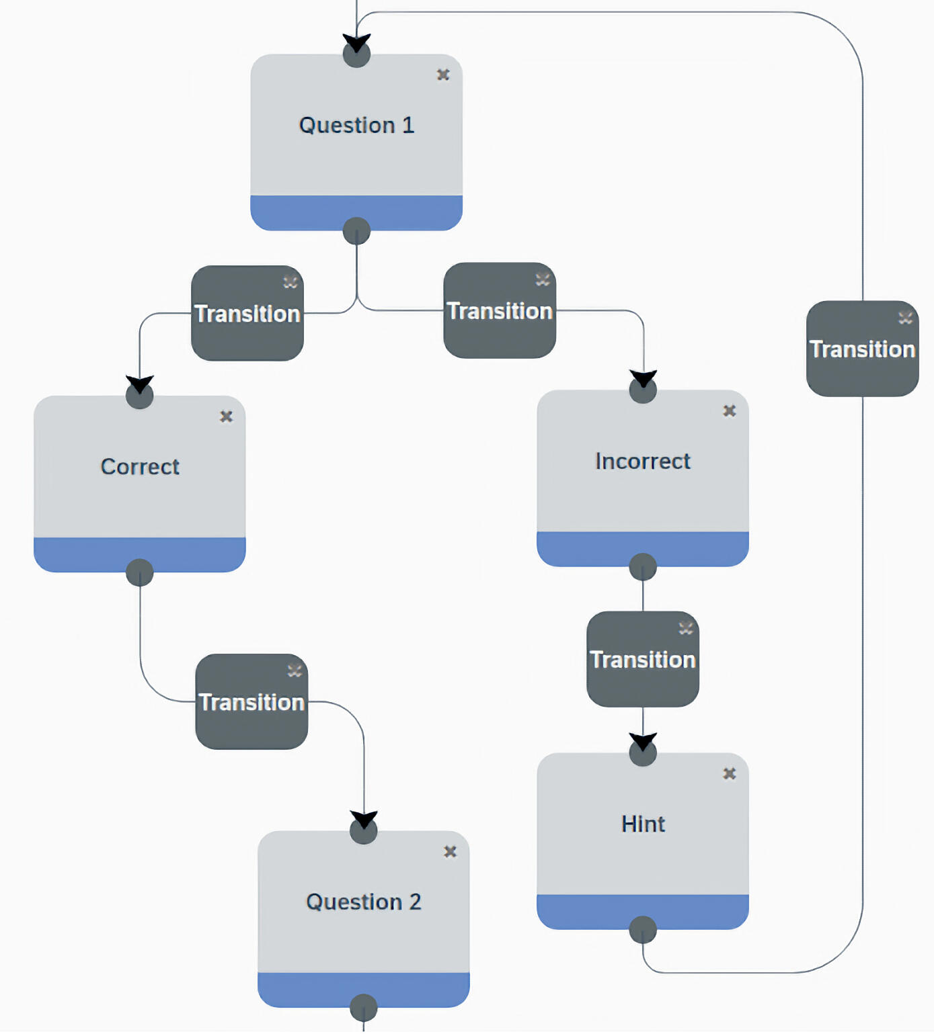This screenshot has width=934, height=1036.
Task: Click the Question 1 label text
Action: tap(356, 126)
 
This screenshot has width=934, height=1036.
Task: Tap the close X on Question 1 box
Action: tap(443, 75)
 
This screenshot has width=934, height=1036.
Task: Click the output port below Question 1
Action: tap(356, 231)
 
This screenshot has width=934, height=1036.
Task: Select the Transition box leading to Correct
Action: tap(247, 314)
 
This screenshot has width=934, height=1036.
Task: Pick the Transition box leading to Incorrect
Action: tap(500, 311)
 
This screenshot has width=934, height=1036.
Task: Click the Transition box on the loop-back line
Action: tap(862, 349)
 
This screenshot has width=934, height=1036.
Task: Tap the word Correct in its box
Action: tap(140, 467)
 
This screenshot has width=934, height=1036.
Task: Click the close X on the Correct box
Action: tap(226, 417)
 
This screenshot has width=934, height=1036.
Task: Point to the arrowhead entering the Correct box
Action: tap(140, 384)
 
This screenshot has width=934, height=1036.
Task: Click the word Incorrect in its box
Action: tap(642, 462)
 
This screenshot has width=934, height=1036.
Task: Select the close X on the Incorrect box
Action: tap(729, 411)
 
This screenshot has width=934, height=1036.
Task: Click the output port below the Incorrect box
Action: tap(643, 567)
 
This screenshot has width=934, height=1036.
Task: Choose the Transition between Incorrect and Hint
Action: tap(643, 659)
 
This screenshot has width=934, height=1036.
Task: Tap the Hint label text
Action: tap(643, 824)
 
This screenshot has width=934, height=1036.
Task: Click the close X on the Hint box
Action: tap(729, 774)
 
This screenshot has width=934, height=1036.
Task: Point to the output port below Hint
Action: tap(643, 930)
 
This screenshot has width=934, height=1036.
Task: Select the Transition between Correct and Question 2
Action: tap(251, 702)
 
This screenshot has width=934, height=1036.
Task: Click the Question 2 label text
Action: tap(363, 902)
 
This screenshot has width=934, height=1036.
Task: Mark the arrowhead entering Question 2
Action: tap(364, 820)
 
